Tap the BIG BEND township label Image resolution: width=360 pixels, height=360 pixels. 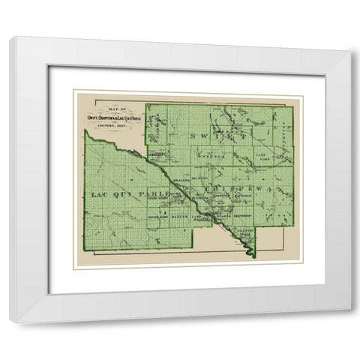tap(201, 177)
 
